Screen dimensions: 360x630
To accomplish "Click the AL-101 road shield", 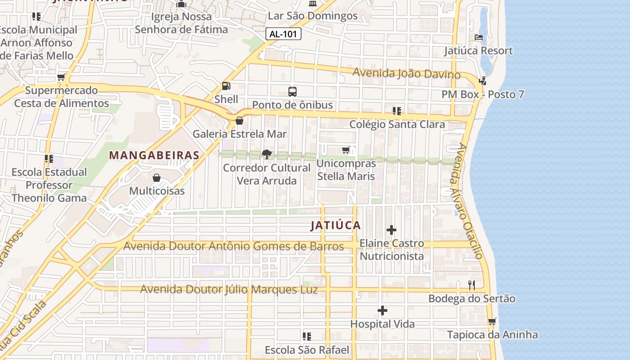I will click(x=283, y=34).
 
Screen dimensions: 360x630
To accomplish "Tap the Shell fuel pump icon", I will click(x=226, y=85).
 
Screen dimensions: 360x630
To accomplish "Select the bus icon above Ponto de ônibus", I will click(x=292, y=92).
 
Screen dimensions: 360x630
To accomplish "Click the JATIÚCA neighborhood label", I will click(x=336, y=225).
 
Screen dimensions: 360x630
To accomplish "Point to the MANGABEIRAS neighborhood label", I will click(x=154, y=155).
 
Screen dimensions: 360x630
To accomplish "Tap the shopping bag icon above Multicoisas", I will click(x=157, y=178).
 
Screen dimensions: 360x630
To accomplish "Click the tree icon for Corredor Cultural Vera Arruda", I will click(x=267, y=155).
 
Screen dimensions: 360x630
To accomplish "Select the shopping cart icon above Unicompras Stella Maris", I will click(x=346, y=150).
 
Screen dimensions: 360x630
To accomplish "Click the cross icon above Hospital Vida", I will click(x=382, y=310).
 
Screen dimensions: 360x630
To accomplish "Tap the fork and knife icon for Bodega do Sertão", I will click(x=472, y=285).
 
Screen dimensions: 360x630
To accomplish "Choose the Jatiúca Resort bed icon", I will click(x=479, y=37).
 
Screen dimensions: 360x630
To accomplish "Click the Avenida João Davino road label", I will click(x=406, y=73).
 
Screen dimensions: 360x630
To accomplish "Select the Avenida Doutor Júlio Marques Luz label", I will click(x=229, y=289).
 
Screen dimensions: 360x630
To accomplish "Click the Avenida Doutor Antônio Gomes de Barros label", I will click(x=234, y=246).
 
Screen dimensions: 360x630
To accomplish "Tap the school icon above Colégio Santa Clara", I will click(x=396, y=111).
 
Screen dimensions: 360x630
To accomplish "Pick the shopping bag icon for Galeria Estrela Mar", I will click(x=239, y=121).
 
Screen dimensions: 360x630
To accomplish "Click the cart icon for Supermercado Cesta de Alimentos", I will click(x=61, y=77).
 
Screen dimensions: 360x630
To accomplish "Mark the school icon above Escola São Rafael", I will click(x=307, y=337).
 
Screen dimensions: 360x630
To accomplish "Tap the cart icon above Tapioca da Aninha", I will click(x=492, y=321).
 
